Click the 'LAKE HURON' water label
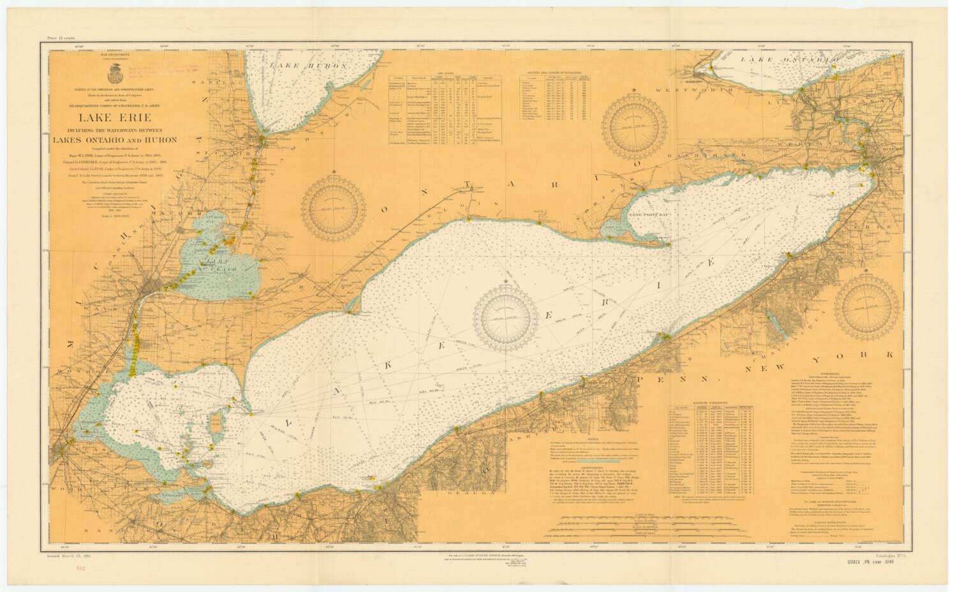pyautogui.click(x=308, y=66)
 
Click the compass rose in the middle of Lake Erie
pyautogui.click(x=505, y=314)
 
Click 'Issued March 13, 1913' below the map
pyautogui.click(x=75, y=557)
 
